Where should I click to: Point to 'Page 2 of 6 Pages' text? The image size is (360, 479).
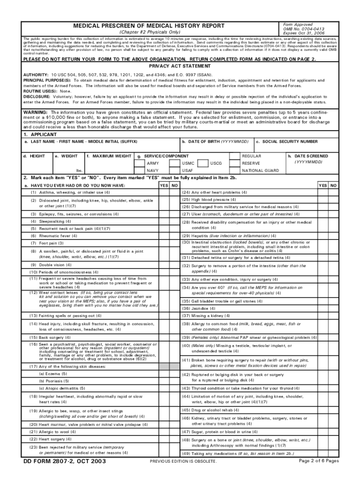coord(318,461)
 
